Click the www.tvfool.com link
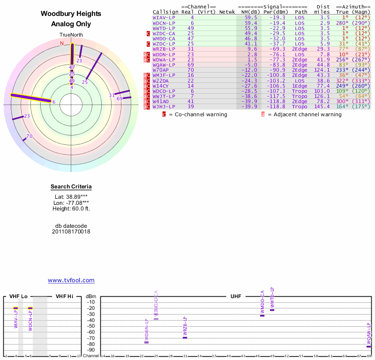click(71, 280)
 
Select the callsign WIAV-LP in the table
click(164, 17)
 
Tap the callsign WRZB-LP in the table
click(164, 49)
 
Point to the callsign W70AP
click(161, 70)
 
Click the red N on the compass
click(61, 43)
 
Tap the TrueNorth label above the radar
click(71, 35)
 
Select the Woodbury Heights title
click(71, 14)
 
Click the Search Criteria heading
click(71, 187)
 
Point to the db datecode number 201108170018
click(71, 232)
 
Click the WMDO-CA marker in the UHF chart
click(262, 315)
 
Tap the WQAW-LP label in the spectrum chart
click(368, 334)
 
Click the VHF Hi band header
click(65, 296)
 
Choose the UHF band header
click(235, 296)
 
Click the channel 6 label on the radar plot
click(54, 102)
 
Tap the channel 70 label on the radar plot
click(29, 136)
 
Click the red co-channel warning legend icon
click(164, 114)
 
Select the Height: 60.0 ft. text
click(71, 209)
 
